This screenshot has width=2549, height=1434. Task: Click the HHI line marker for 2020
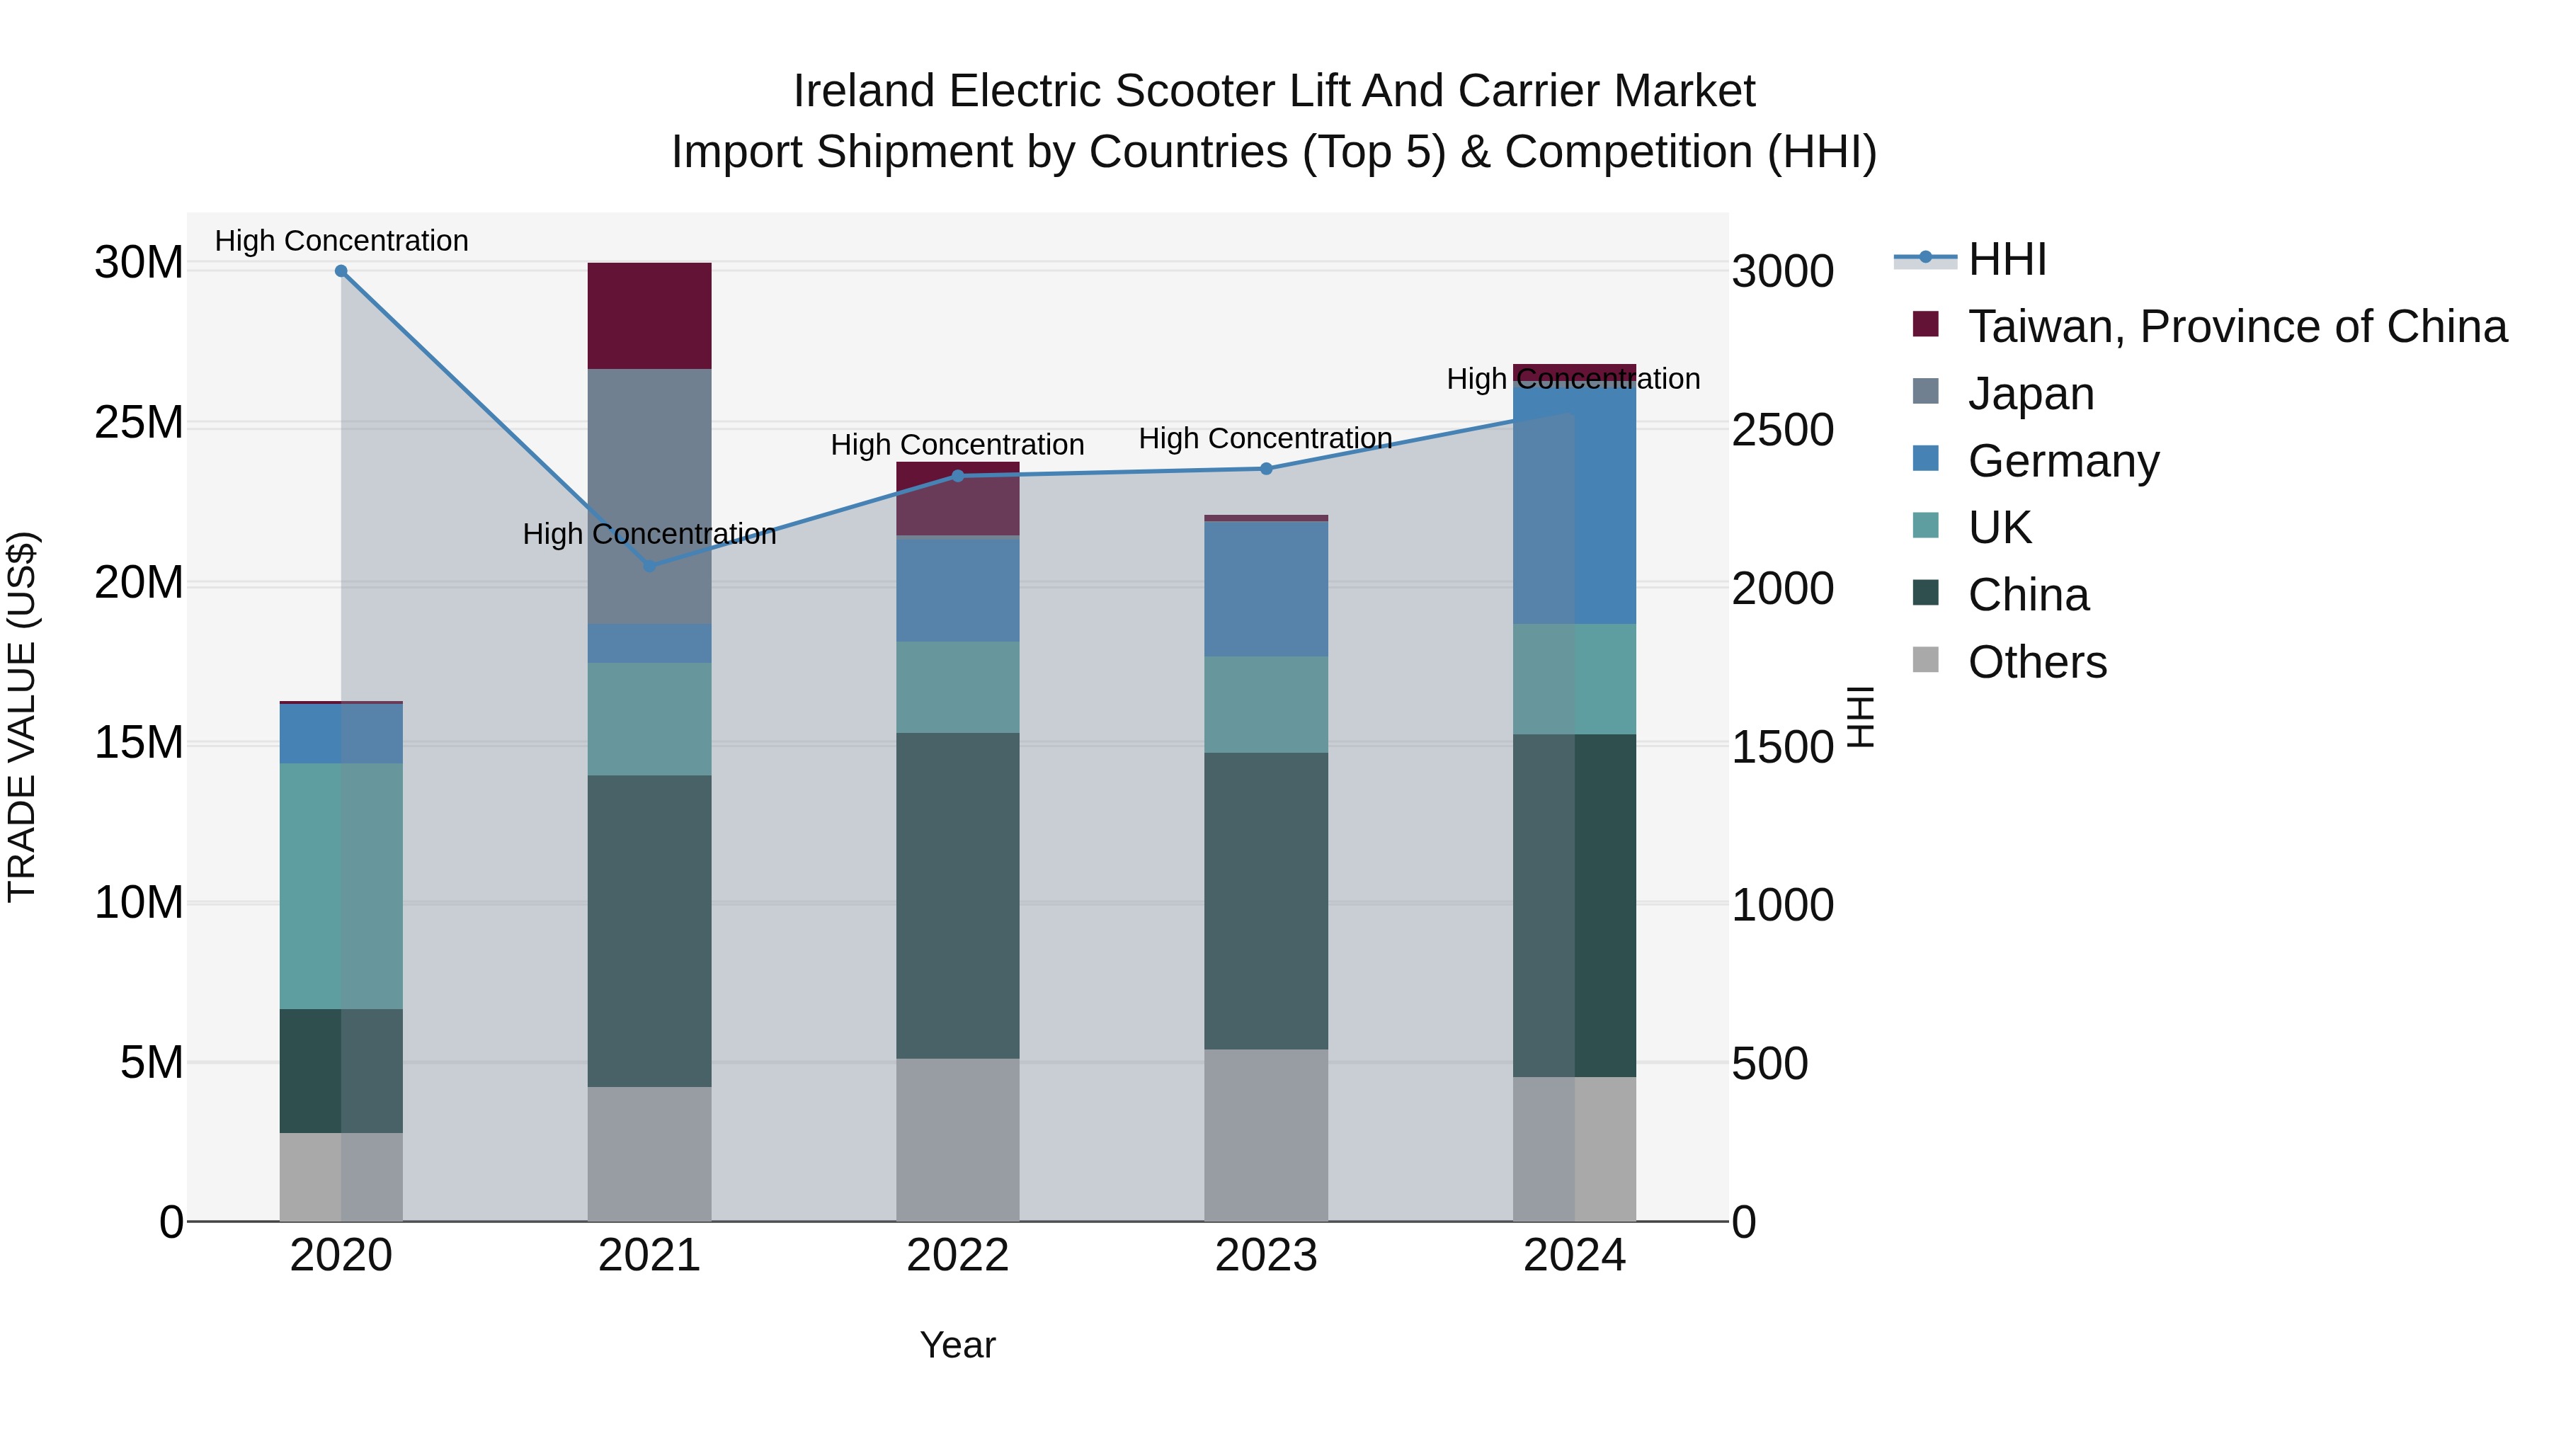(x=341, y=271)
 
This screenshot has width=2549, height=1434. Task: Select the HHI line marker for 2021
(x=649, y=566)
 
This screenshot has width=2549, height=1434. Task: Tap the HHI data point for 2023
(x=1265, y=469)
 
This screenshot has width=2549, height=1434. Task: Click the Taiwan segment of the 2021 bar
(x=649, y=316)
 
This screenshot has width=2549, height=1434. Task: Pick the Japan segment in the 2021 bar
(x=649, y=495)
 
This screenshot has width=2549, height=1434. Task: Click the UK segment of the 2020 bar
(x=341, y=886)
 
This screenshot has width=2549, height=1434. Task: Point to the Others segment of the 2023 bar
(x=1265, y=1135)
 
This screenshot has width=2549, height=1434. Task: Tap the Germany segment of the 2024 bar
(x=1574, y=505)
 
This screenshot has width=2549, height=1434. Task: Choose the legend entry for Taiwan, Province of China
(x=2236, y=326)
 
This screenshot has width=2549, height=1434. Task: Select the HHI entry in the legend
(x=2007, y=259)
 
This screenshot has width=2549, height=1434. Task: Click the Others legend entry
(x=2036, y=662)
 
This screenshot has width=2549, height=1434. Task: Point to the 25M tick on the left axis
(x=139, y=423)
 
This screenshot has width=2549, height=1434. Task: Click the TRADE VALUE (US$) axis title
(x=22, y=717)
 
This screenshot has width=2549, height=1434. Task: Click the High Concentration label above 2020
(x=341, y=241)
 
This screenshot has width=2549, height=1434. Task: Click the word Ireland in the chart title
(x=863, y=91)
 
